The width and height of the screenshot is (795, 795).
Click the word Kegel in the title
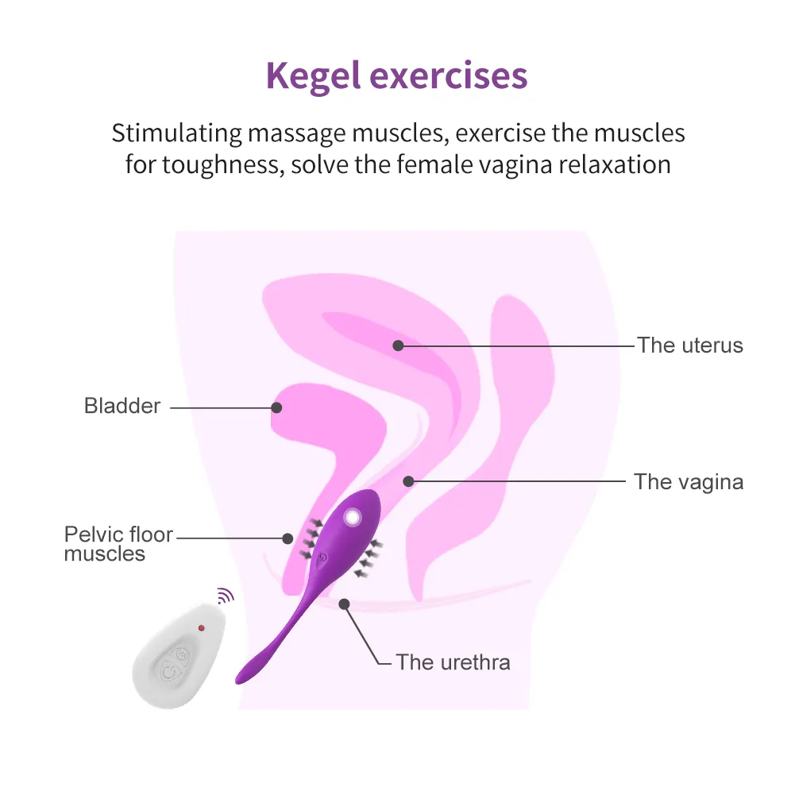pos(313,76)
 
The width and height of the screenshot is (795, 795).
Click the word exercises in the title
pos(449,76)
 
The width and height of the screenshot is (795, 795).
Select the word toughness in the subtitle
pos(223,164)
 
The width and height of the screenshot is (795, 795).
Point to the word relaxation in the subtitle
pos(615,164)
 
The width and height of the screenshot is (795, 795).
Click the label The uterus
pos(690,345)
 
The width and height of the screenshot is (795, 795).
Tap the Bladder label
pos(122,406)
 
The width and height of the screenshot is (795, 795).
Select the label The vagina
pos(689,482)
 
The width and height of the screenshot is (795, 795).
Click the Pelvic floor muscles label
pos(118,544)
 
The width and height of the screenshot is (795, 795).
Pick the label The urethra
pos(453,662)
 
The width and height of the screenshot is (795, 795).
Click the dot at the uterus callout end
pos(399,345)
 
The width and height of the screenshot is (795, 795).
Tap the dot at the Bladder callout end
pos(276,407)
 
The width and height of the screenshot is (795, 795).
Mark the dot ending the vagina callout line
pos(409,481)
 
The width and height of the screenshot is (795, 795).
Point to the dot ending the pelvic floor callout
pos(288,538)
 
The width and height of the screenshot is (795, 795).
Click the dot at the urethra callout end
pos(344,604)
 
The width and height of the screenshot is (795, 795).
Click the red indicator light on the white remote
pos(201,628)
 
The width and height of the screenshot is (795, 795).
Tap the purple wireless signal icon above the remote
pos(225,596)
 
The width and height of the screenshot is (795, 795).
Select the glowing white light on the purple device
pos(352,518)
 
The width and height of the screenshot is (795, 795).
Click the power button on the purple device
pos(322,558)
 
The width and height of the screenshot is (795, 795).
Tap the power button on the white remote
pos(170,673)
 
